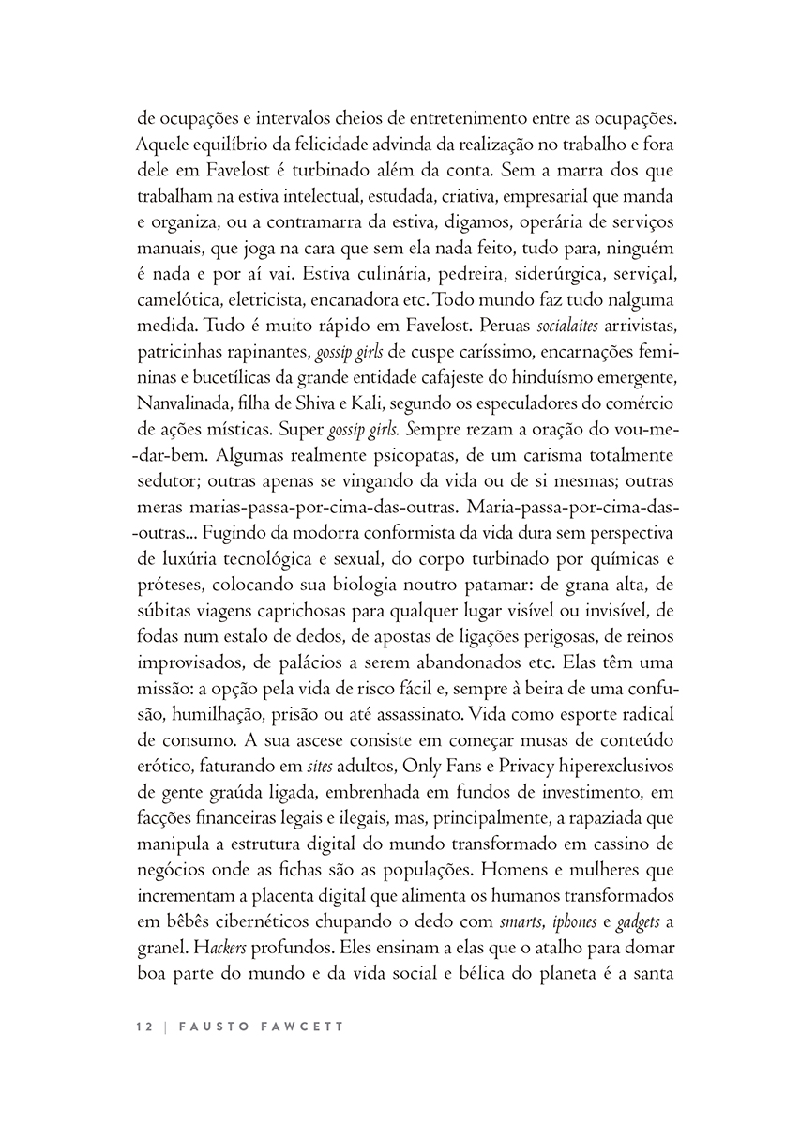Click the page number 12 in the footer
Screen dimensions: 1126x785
click(x=143, y=1027)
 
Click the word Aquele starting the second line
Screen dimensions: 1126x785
click(x=163, y=145)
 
